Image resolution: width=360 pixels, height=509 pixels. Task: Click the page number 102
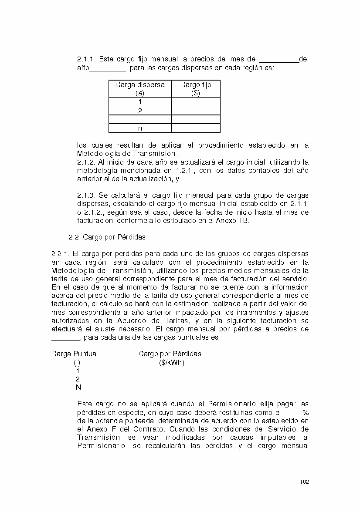pos(304,482)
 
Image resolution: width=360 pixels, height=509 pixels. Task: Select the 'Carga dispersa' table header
pos(140,85)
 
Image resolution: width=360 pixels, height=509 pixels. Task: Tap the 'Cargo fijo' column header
pos(196,85)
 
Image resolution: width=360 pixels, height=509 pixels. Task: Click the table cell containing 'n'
pos(140,128)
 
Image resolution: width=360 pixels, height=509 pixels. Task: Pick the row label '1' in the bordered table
pos(140,102)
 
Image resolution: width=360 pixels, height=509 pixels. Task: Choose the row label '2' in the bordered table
pos(140,111)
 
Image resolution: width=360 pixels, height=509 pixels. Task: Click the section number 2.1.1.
pos(86,59)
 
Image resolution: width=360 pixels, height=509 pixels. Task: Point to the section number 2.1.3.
pos(86,196)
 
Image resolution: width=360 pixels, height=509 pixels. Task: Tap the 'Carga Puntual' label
pos(75,354)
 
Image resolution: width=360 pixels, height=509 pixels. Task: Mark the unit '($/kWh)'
pos(172,363)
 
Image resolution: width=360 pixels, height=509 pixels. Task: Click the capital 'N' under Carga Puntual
pos(78,388)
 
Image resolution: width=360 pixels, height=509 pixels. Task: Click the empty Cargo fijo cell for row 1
pos(196,102)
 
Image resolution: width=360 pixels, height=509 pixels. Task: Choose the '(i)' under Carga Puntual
pos(77,363)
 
